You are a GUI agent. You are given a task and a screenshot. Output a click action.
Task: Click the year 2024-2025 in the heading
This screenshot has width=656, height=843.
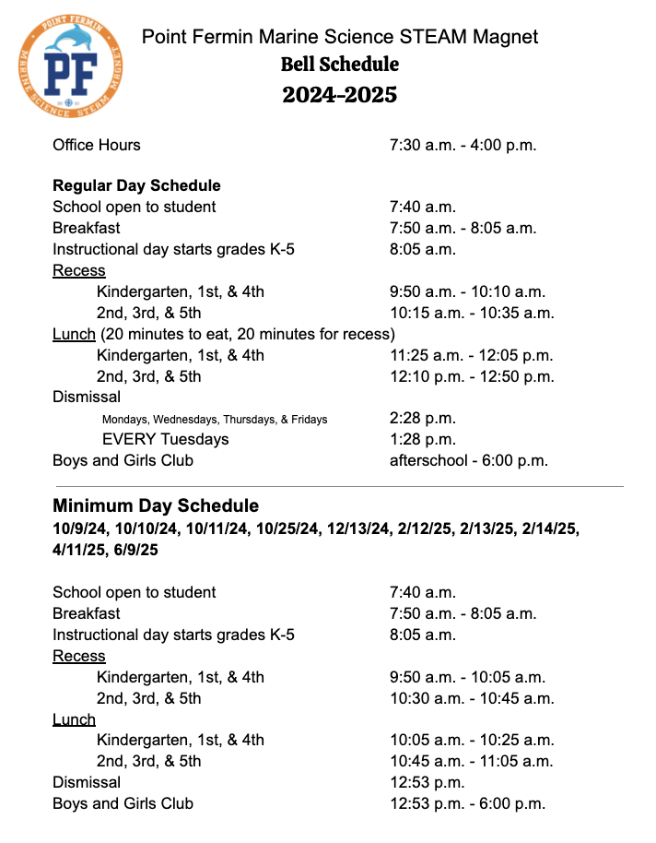[339, 94]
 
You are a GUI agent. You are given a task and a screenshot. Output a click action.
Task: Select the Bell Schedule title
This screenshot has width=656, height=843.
[339, 65]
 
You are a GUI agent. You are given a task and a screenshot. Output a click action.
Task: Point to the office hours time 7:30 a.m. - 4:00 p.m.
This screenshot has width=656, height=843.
[463, 145]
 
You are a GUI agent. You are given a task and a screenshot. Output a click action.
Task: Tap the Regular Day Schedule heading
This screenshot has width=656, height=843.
[136, 185]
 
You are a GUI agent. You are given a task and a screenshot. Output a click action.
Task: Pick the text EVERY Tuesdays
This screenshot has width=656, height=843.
[165, 439]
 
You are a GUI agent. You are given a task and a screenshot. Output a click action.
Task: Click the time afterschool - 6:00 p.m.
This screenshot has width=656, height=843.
[469, 460]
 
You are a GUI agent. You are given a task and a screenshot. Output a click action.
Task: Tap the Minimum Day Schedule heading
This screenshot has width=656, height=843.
[156, 505]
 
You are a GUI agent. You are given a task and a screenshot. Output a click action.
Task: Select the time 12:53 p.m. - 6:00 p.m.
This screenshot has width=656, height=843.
[467, 803]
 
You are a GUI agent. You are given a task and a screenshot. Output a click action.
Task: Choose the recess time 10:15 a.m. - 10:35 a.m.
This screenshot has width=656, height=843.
[472, 313]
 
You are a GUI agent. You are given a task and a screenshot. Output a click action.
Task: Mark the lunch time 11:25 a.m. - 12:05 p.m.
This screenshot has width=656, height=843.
[471, 355]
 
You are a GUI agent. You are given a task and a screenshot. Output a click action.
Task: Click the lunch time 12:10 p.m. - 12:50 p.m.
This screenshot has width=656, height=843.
[471, 376]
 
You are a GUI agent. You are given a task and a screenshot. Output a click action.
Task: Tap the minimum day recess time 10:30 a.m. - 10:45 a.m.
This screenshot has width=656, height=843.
[472, 698]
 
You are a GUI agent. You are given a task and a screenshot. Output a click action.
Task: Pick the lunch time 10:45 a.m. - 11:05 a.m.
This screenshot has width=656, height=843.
[471, 761]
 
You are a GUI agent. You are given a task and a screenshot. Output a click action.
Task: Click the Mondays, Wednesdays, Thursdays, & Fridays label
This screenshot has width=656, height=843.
[215, 419]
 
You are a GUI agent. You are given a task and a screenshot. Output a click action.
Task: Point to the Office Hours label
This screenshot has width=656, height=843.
[97, 145]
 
